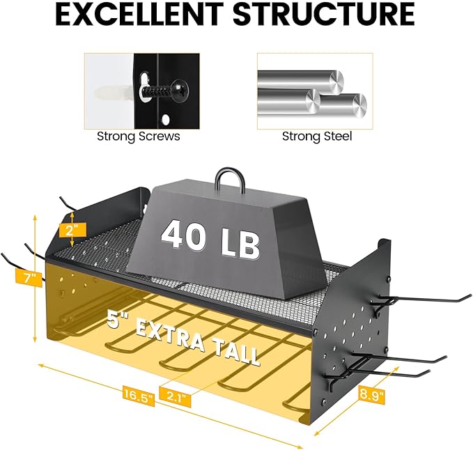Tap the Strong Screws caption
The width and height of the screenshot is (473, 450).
coord(138,137)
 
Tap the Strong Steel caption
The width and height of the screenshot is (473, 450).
coord(317,137)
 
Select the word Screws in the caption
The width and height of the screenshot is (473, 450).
coord(158,137)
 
